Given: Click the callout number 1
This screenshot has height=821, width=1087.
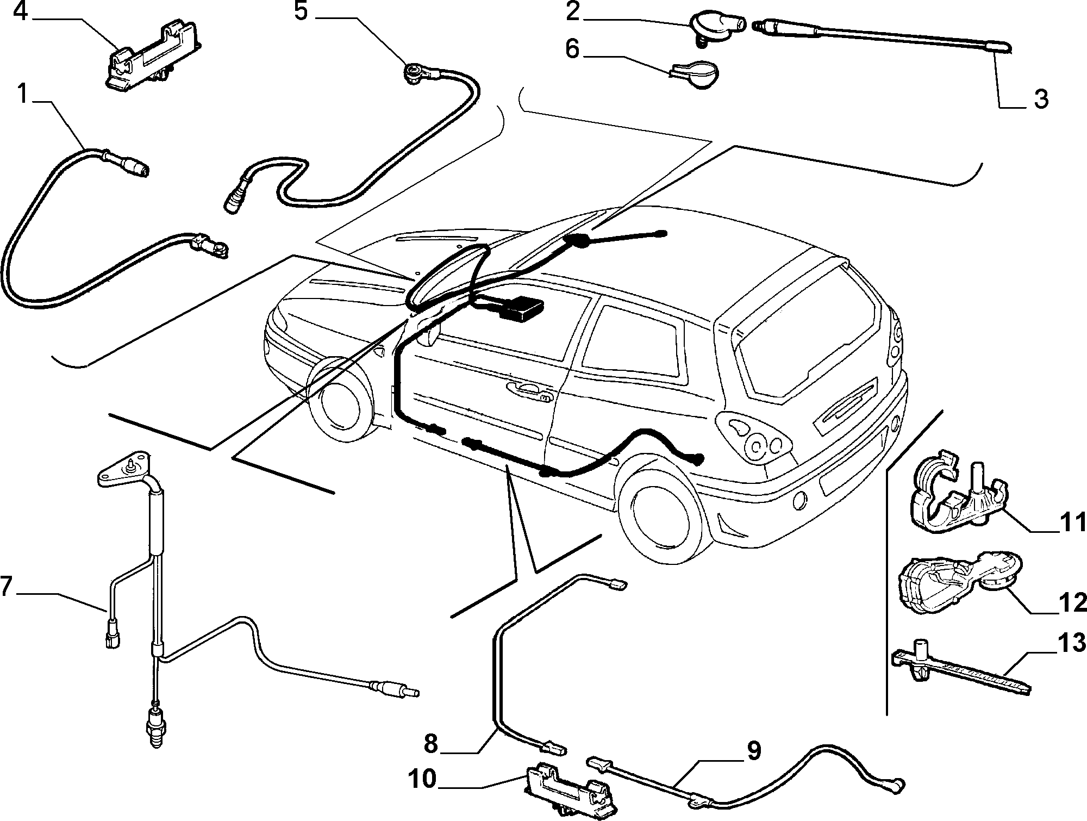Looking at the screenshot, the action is tap(22, 94).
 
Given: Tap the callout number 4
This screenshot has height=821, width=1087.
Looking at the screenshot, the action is tap(20, 11).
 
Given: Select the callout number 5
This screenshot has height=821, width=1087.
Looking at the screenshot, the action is tap(302, 11).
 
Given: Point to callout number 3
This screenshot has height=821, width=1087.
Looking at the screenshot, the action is tap(1040, 99).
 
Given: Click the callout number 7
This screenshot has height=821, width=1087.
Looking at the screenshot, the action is tap(6, 587).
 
